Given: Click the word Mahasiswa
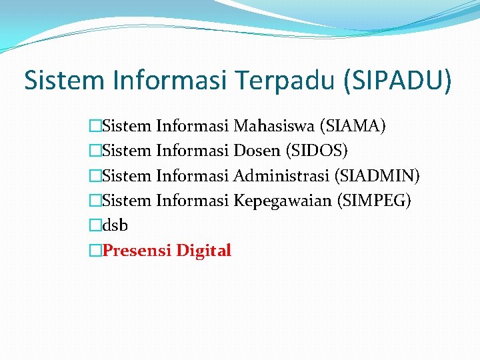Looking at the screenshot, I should [x=274, y=125].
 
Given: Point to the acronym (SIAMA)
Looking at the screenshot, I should [x=353, y=125].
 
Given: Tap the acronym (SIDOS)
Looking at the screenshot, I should [x=316, y=151].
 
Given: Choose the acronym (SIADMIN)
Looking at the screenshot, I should [x=377, y=175].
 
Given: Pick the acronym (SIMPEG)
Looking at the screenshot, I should [x=374, y=201].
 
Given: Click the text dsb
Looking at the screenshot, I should [x=117, y=225].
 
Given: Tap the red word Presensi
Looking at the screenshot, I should [x=137, y=251].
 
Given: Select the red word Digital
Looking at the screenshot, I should [x=203, y=251].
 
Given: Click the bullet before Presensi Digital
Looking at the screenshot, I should [x=97, y=251].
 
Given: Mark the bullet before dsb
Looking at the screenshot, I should [x=97, y=226].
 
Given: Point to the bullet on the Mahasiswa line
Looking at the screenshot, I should [x=97, y=126].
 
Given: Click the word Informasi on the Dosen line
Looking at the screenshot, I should [x=192, y=151].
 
